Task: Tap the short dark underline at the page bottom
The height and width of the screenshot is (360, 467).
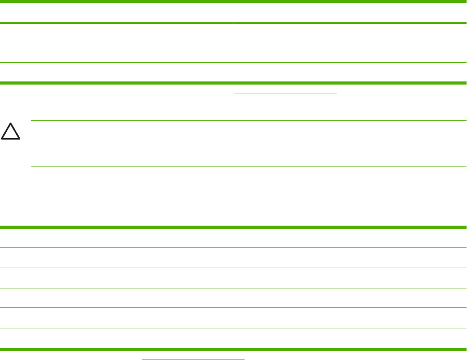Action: click(x=193, y=358)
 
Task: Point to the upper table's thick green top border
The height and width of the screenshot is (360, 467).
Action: click(x=233, y=2)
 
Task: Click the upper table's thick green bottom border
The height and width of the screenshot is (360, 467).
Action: click(x=233, y=82)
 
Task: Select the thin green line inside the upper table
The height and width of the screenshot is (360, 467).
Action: click(x=233, y=63)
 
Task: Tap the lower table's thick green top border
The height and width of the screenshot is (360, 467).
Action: click(x=233, y=227)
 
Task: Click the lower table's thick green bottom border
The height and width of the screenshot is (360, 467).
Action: click(x=233, y=349)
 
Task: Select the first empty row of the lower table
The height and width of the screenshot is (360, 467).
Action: click(x=233, y=238)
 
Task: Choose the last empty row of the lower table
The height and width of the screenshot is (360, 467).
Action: click(x=233, y=338)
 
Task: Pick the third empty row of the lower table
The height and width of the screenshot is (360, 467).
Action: click(x=233, y=278)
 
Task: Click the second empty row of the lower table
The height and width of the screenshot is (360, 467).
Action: click(x=233, y=258)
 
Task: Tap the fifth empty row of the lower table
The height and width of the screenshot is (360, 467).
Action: click(x=233, y=318)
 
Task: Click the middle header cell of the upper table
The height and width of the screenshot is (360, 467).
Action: click(x=292, y=12)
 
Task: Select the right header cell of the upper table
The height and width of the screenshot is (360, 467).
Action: click(x=408, y=12)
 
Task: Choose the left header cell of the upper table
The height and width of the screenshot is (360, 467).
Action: click(x=117, y=12)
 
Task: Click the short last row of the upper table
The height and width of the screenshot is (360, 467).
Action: click(x=233, y=73)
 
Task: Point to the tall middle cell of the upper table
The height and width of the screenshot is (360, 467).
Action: click(x=292, y=43)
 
